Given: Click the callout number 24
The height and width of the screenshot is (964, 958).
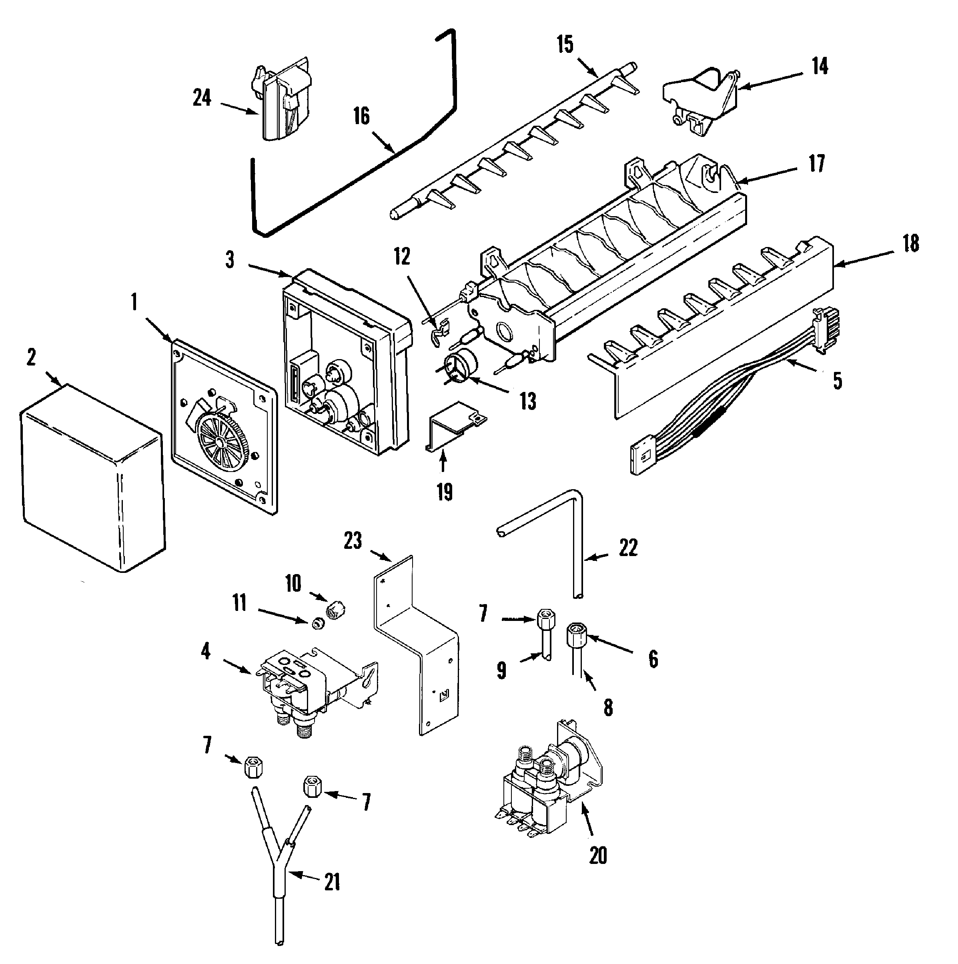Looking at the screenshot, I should tap(202, 98).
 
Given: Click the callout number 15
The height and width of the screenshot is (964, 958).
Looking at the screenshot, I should tap(565, 45).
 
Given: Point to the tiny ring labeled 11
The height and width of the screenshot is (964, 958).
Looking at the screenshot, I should tap(316, 623).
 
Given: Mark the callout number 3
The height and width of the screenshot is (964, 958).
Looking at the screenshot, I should tap(229, 259).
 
